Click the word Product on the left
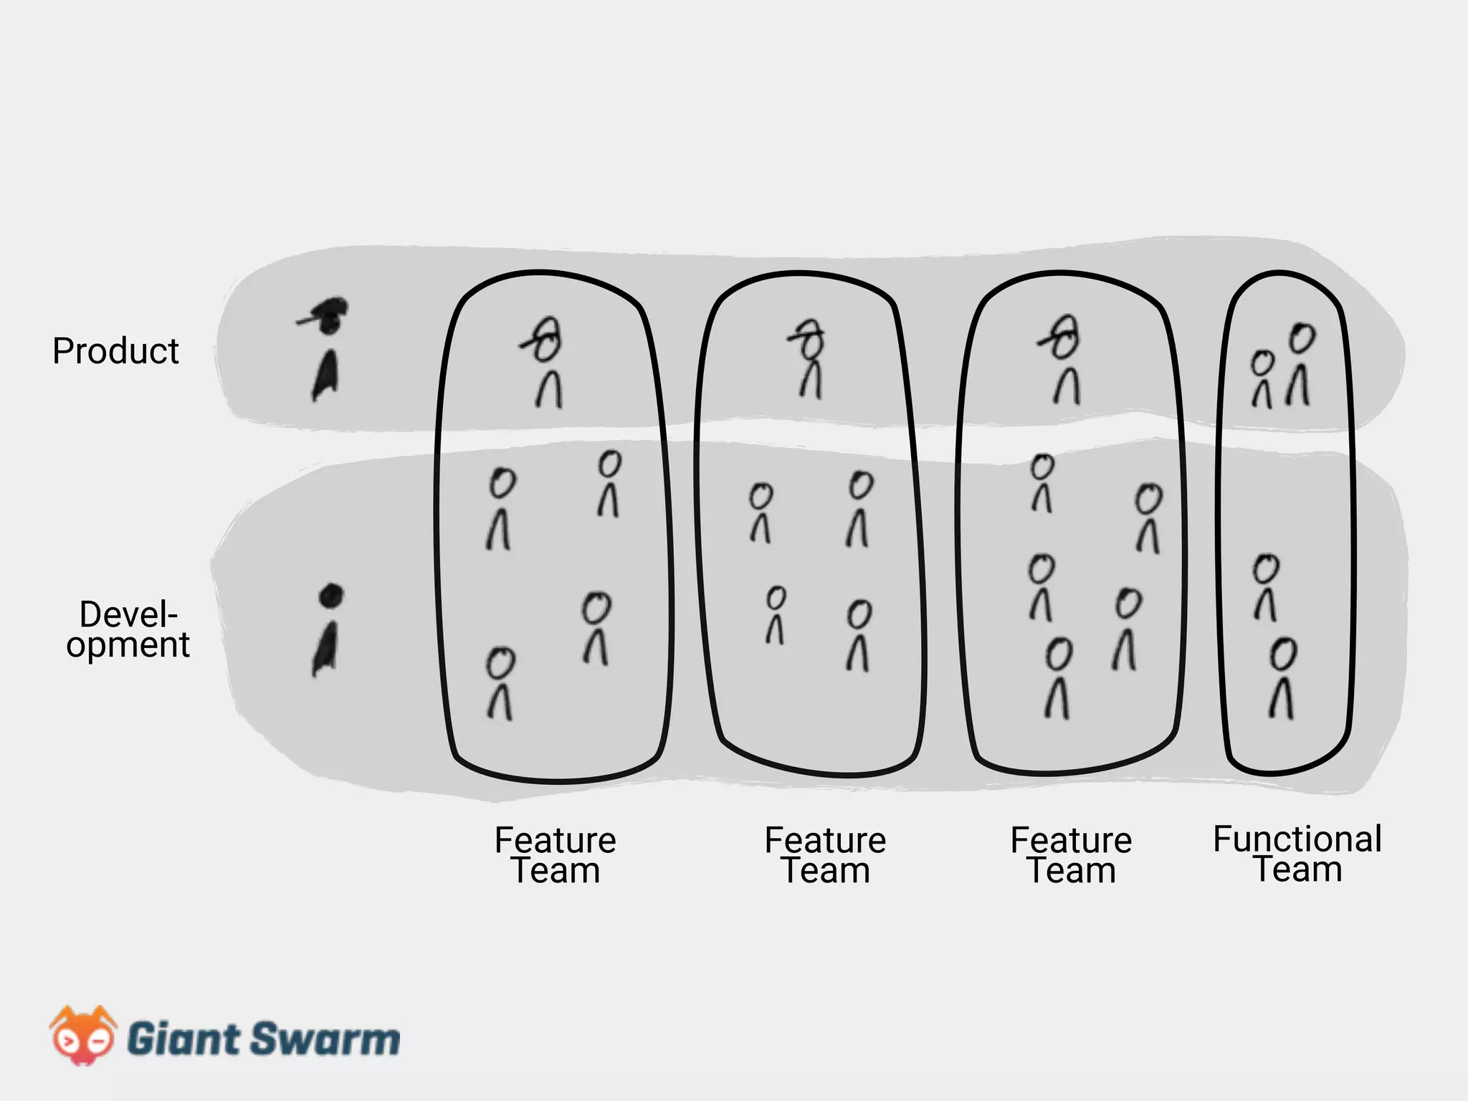tap(115, 351)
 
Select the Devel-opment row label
tap(128, 629)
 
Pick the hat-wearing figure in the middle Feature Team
tap(810, 358)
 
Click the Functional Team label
tap(1297, 854)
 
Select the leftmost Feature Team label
tap(556, 855)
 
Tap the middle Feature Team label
tap(825, 855)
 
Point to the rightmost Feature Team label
tap(1071, 855)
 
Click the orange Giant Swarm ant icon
tap(82, 1035)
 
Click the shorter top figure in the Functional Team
tap(1262, 379)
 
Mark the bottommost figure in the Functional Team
tap(1282, 677)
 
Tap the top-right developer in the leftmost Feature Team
tap(609, 483)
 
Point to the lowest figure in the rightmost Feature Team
tap(1058, 677)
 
